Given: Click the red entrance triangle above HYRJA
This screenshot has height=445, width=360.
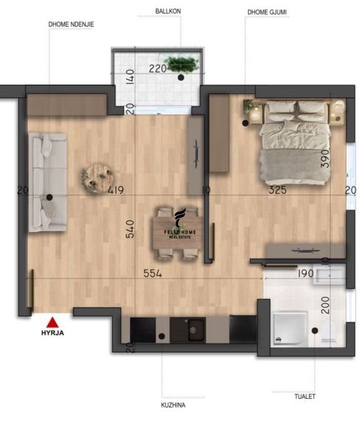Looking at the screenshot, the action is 52,323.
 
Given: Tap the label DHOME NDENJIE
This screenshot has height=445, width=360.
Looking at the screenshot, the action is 71,24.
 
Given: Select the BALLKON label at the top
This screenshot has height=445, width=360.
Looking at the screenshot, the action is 168,11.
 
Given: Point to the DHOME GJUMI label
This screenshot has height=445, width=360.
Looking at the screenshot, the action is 267,12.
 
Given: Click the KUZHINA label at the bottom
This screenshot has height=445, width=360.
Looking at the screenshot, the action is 173,405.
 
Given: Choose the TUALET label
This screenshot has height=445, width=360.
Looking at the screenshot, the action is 305,396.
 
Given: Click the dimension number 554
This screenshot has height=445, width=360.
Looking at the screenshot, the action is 153,273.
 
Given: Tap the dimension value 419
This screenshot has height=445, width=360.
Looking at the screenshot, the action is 116,190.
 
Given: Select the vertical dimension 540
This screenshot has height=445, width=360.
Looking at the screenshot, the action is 130,229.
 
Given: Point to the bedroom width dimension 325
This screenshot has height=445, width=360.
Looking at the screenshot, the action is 278,190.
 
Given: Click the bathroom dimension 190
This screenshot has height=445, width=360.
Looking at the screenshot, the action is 306,273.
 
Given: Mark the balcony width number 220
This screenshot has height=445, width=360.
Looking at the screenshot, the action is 158,68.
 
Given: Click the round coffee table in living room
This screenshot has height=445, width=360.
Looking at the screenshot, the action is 98,178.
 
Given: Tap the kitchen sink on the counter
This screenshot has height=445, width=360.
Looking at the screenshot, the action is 196,330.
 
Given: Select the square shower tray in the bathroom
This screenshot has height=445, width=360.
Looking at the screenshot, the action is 290,329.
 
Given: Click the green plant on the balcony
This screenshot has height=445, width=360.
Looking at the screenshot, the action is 182,64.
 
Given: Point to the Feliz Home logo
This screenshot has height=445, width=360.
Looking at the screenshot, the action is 180,224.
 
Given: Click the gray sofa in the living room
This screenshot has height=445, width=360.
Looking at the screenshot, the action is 48,182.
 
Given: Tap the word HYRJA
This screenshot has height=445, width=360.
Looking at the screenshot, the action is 53,333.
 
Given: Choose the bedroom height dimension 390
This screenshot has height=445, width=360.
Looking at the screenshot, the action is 325,159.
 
